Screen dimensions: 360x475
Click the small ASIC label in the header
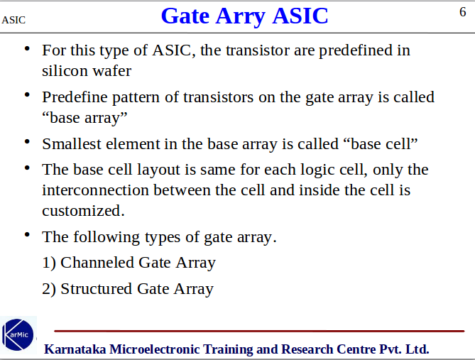pos(13,20)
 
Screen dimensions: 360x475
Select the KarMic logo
pos(18,334)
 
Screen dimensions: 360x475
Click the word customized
pos(83,211)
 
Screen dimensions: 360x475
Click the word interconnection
pos(90,190)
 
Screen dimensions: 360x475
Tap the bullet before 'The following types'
pos(27,234)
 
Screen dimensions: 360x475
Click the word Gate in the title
pos(185,16)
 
